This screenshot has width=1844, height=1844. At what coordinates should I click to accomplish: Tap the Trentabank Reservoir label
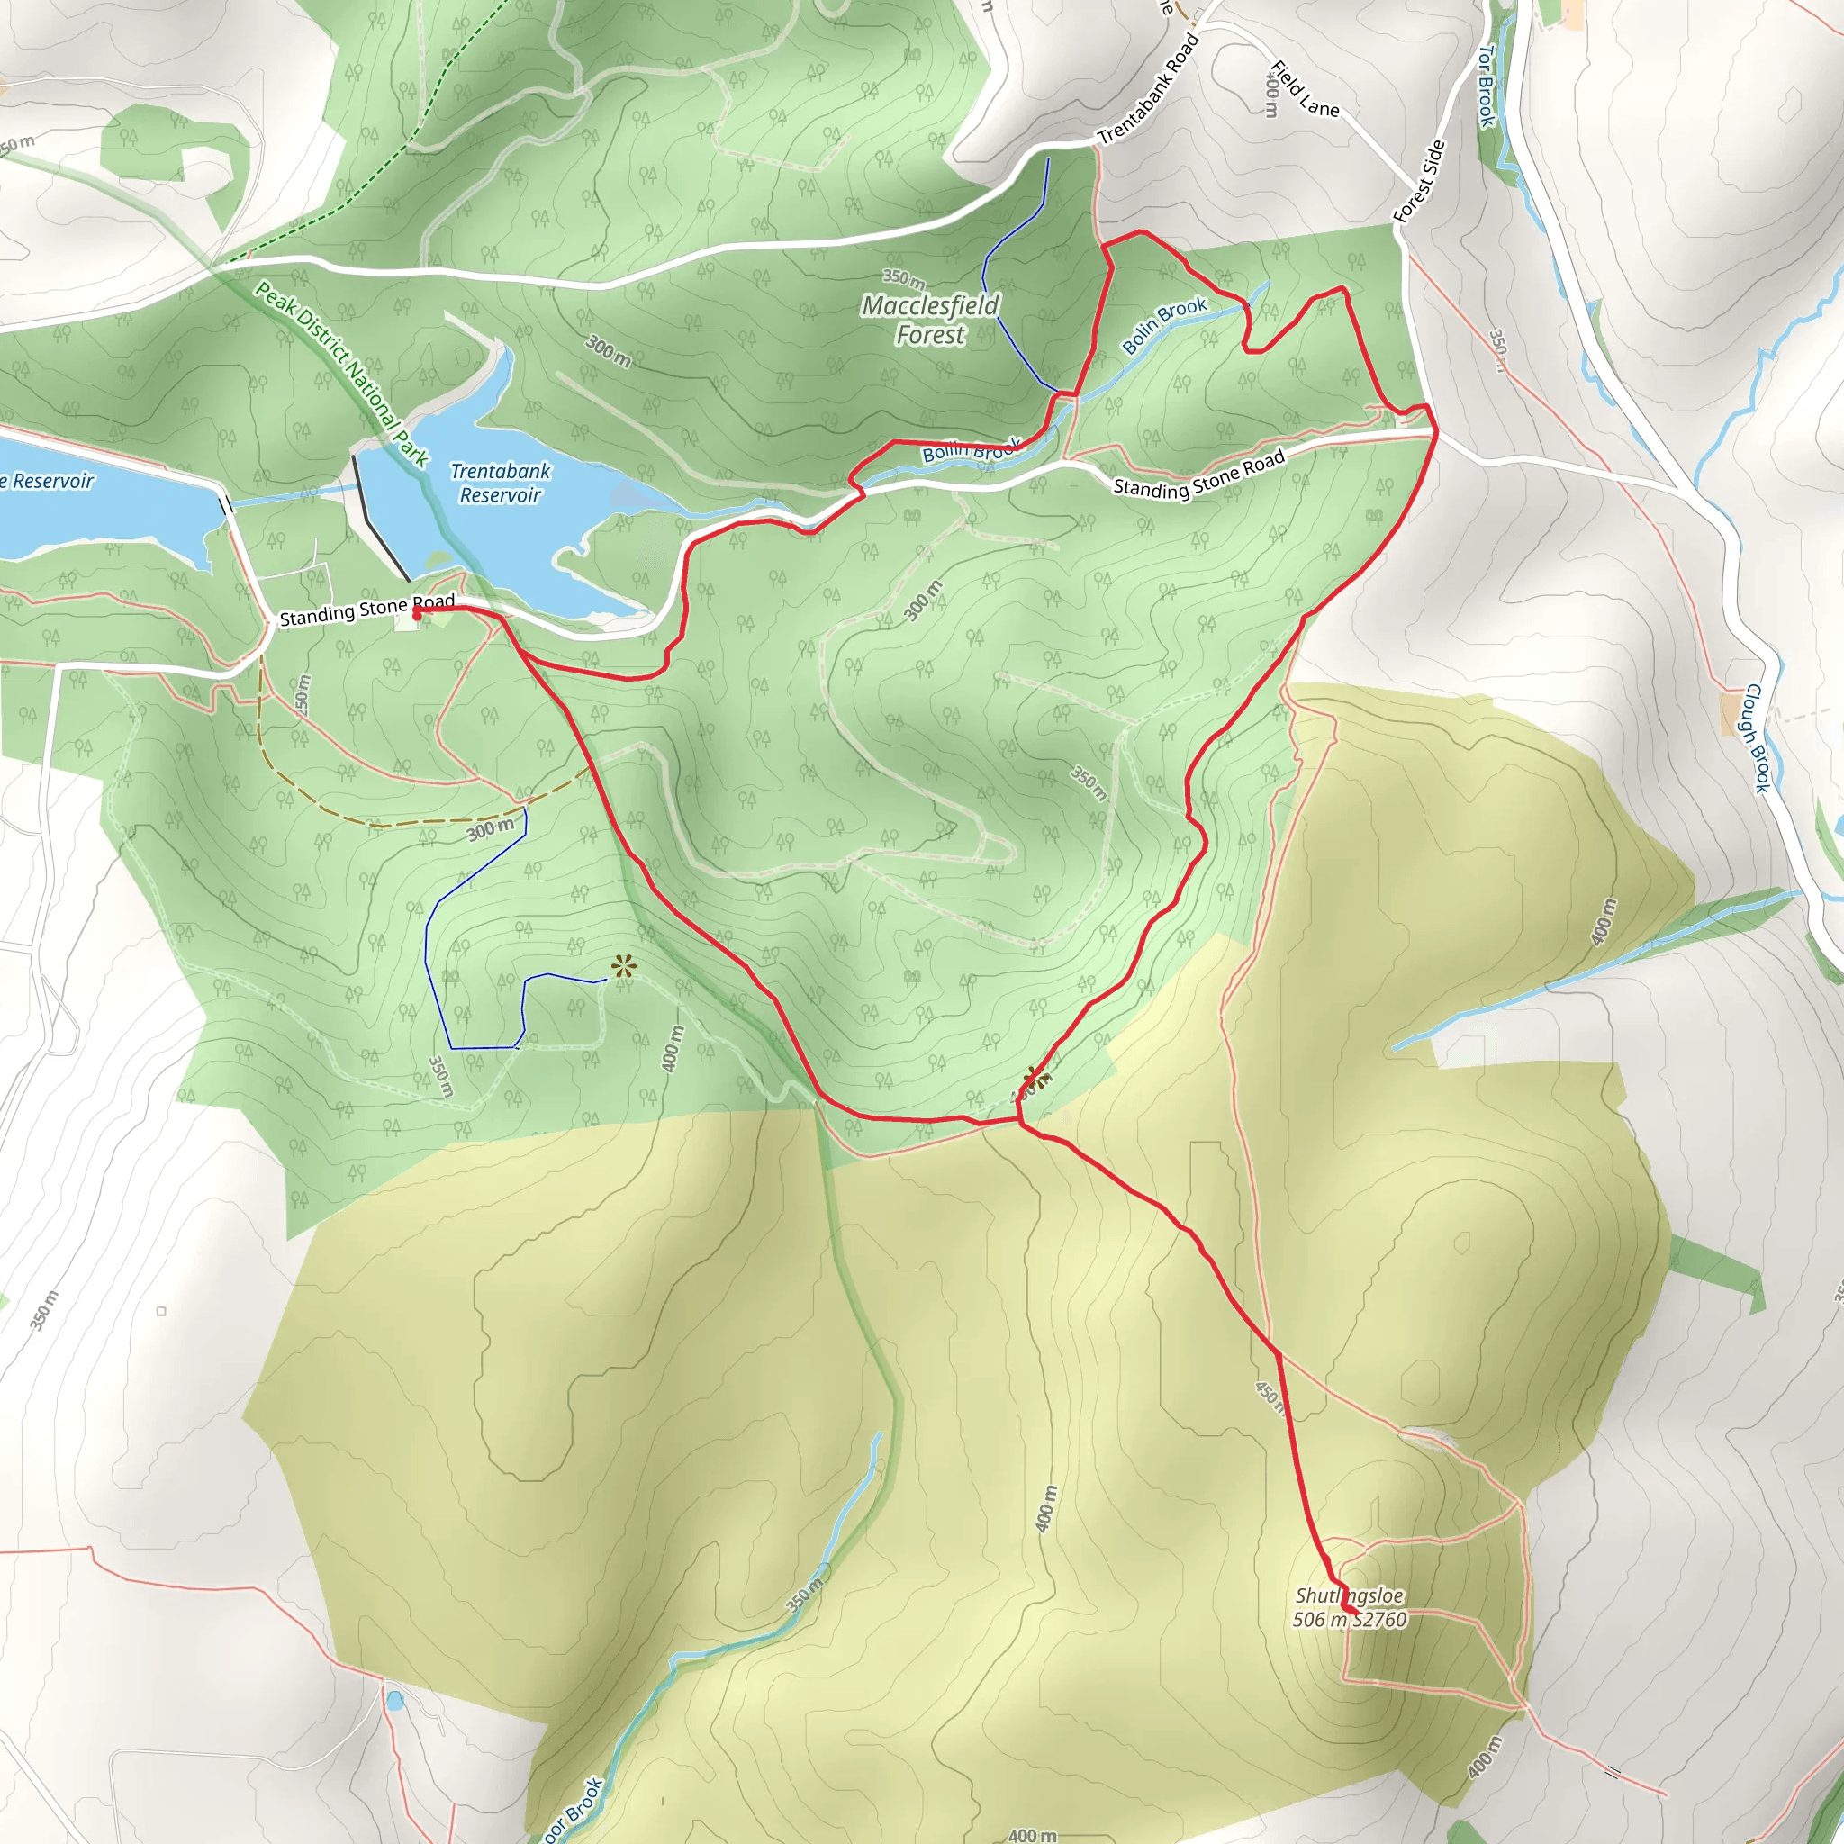(x=500, y=483)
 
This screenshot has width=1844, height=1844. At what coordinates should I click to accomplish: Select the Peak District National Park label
(x=341, y=373)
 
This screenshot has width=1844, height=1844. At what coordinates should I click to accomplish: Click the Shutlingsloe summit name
(x=1349, y=1595)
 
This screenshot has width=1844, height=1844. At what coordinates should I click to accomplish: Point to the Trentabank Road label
(x=1147, y=89)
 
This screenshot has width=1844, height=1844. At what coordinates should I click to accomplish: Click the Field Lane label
(x=1304, y=89)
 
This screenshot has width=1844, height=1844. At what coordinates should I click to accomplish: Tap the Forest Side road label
(x=1419, y=181)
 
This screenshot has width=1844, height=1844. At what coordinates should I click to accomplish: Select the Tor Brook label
(x=1485, y=86)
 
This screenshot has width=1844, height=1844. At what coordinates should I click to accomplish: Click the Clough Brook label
(x=1756, y=737)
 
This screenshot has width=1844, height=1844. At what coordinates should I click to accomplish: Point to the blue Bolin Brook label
(x=1163, y=324)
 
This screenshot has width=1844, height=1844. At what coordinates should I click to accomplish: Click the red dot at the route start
(x=416, y=616)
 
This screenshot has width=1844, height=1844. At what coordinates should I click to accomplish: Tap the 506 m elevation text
(x=1319, y=1620)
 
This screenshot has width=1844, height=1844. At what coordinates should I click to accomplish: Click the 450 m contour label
(x=1270, y=1397)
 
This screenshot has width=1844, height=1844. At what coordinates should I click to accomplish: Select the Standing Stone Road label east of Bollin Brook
(x=1198, y=475)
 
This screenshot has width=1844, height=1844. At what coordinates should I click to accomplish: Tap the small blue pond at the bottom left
(x=394, y=1701)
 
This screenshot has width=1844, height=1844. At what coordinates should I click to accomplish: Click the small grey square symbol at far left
(x=161, y=1310)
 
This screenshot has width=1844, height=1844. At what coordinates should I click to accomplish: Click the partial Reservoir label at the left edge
(x=48, y=481)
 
